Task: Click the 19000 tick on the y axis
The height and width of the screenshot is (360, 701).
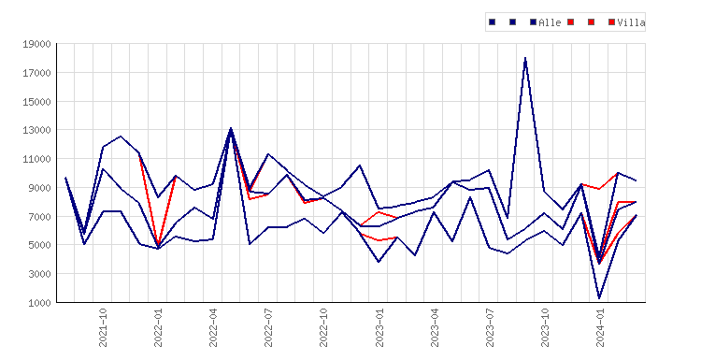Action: pyautogui.click(x=36, y=44)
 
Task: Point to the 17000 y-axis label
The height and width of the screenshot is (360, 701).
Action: pyautogui.click(x=36, y=72)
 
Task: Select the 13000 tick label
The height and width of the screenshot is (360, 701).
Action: pyautogui.click(x=36, y=130)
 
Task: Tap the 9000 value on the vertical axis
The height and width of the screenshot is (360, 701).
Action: pyautogui.click(x=39, y=188)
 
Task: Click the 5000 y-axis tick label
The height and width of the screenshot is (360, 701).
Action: pyautogui.click(x=39, y=245)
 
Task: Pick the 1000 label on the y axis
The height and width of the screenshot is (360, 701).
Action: pyautogui.click(x=39, y=303)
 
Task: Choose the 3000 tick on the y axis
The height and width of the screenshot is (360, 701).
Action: pyautogui.click(x=39, y=274)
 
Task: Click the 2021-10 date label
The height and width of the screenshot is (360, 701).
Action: pyautogui.click(x=103, y=328)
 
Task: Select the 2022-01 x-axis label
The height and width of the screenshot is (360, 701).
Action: pyautogui.click(x=158, y=328)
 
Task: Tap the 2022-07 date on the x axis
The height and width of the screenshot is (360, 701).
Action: pyautogui.click(x=268, y=328)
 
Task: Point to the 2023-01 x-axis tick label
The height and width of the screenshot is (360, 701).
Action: pyautogui.click(x=379, y=328)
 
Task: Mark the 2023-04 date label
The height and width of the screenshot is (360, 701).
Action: pyautogui.click(x=435, y=328)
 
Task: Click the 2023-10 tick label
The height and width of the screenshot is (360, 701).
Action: pyautogui.click(x=545, y=328)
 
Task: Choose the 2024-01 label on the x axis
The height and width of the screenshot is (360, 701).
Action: pyautogui.click(x=600, y=328)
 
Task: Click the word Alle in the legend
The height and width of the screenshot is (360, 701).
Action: pyautogui.click(x=550, y=22)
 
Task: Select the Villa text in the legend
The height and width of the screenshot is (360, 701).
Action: pyautogui.click(x=631, y=22)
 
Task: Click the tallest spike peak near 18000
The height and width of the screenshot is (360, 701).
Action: pyautogui.click(x=525, y=58)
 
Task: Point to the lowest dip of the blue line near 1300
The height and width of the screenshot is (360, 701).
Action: pyautogui.click(x=599, y=298)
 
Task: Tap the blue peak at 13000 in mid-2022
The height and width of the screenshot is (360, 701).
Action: pyautogui.click(x=231, y=128)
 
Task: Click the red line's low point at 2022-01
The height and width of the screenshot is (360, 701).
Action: pyautogui.click(x=158, y=245)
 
